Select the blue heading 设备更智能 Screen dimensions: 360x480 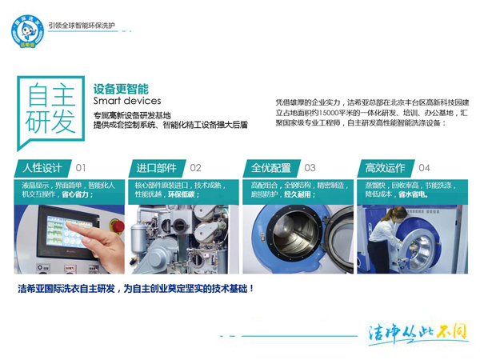coord(121,89)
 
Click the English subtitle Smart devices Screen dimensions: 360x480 coord(127,102)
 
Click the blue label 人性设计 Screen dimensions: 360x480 coord(42,168)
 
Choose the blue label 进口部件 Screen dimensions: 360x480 coord(156,168)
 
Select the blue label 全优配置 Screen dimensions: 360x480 coord(271,168)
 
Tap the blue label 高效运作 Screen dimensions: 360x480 coord(385,168)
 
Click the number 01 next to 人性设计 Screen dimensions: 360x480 coord(81,168)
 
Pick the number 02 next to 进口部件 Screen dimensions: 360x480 coord(195,168)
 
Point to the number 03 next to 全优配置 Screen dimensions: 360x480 coord(310,168)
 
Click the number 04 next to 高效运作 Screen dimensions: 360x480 coord(424,168)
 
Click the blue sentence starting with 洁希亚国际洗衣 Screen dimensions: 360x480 coord(136,288)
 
